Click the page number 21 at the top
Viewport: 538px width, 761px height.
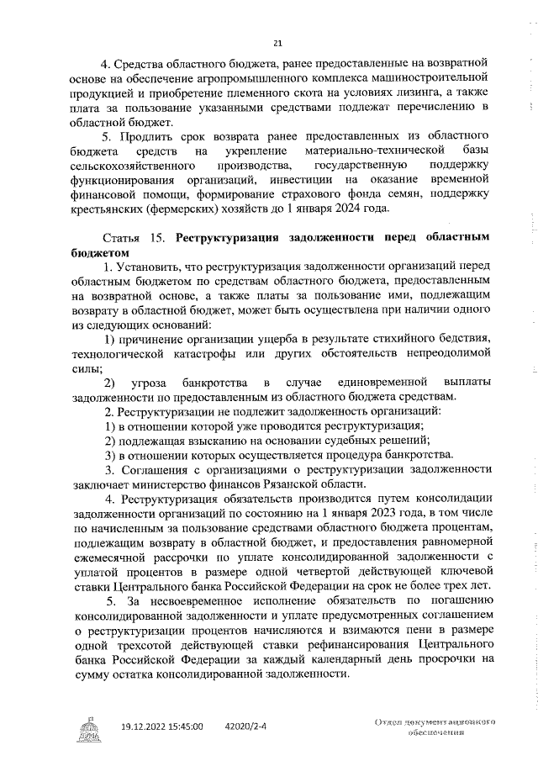tap(277, 44)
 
